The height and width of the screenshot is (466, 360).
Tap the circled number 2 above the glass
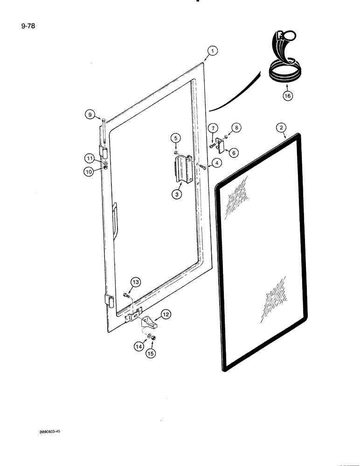click(281, 127)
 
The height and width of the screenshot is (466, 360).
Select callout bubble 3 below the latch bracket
click(176, 195)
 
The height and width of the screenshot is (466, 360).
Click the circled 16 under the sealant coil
click(287, 97)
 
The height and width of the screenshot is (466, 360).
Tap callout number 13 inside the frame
click(135, 282)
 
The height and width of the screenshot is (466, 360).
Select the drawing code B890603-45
click(50, 432)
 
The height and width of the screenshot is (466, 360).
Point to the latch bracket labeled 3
click(182, 169)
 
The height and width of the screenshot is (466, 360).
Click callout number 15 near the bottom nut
click(151, 353)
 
